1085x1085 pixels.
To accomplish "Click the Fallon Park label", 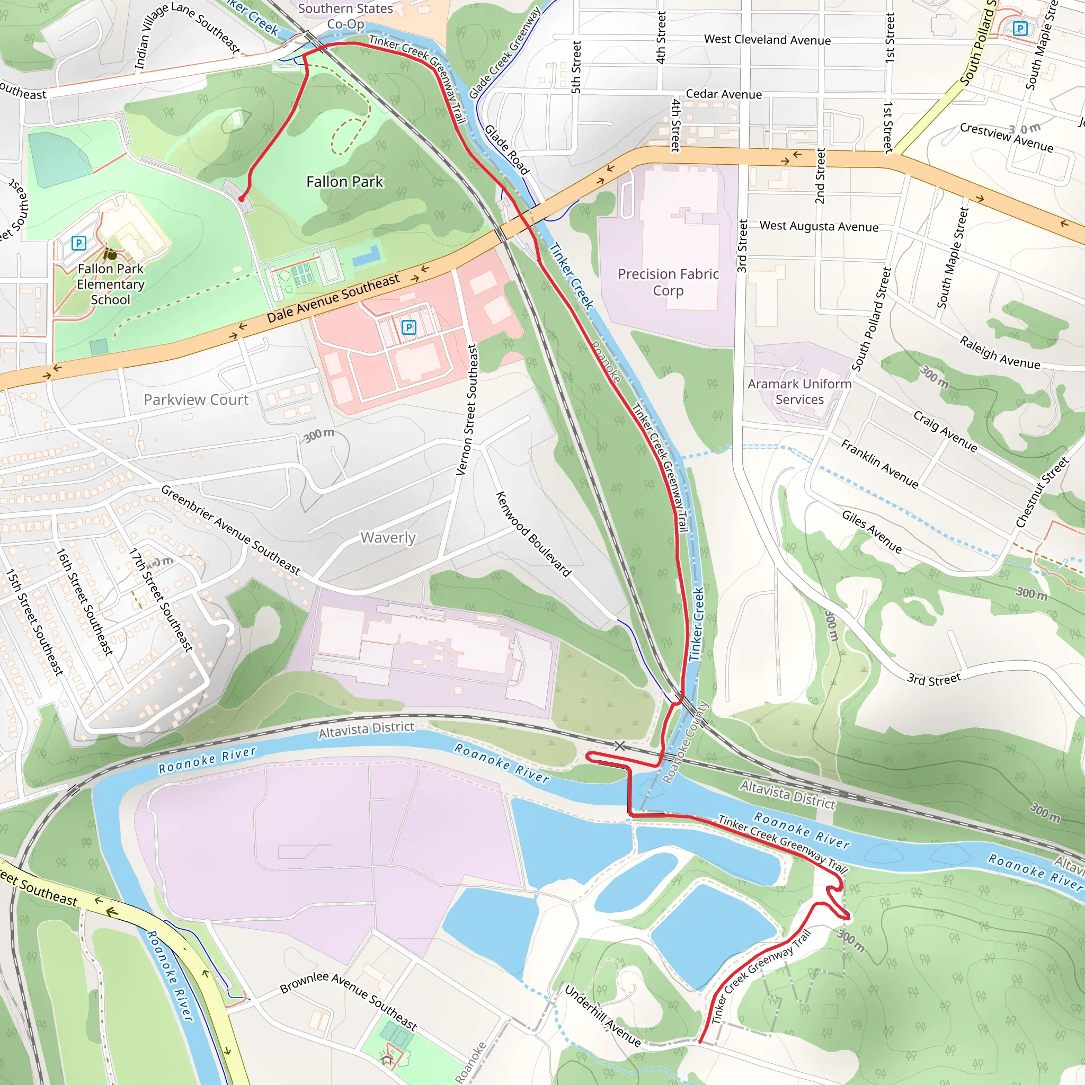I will click(344, 182).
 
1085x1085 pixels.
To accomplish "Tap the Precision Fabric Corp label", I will click(668, 282).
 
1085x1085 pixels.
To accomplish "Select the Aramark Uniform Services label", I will click(799, 392).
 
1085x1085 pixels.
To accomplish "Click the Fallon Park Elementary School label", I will click(111, 284).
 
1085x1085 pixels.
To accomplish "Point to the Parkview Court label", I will click(196, 399).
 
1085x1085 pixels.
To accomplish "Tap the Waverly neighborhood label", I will click(388, 537).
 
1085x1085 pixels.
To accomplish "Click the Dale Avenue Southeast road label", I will click(333, 298).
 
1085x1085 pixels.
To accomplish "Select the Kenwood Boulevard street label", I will click(533, 533).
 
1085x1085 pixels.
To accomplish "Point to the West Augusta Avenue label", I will click(819, 226).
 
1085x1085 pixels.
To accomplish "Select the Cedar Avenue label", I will click(724, 94).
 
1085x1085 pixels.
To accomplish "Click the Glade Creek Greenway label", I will click(504, 54).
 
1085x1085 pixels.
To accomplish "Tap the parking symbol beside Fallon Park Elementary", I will click(79, 243).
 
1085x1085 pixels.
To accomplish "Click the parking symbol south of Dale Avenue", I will click(409, 327).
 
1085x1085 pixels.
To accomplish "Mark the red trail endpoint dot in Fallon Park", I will click(242, 199).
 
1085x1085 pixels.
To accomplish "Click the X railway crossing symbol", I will click(619, 746).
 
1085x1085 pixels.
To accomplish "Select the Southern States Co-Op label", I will click(345, 16).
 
